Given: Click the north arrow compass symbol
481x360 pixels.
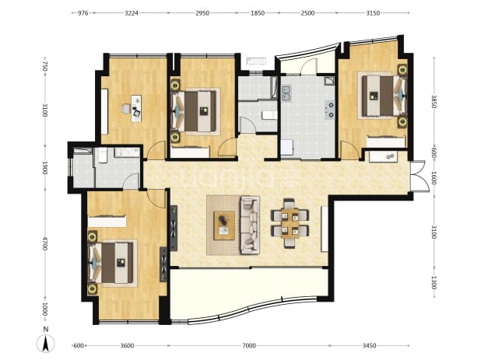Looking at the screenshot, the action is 45,344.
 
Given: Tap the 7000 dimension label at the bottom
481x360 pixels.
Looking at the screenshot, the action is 249,346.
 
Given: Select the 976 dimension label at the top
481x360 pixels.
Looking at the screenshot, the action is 83,13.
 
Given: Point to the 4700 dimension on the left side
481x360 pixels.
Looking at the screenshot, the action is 45,243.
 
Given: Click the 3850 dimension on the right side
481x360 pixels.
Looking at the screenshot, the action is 434,101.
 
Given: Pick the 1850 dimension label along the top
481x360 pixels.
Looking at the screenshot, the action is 258,13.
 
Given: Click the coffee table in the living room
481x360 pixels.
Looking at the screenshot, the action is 224,225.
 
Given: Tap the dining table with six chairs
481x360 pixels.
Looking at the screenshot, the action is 290,223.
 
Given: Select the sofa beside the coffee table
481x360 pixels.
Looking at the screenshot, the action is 250,225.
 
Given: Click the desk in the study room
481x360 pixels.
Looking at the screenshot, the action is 136,108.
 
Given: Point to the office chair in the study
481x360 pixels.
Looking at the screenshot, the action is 125,109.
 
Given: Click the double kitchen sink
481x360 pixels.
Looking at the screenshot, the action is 286,93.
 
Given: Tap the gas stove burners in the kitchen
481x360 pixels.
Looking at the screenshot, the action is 331,110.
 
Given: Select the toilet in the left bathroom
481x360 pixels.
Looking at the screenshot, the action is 102,156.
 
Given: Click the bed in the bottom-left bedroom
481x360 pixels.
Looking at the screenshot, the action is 112,263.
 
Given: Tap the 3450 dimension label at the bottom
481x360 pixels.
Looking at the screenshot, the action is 369,346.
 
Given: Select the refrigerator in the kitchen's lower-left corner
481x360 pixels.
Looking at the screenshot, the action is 287,148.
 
